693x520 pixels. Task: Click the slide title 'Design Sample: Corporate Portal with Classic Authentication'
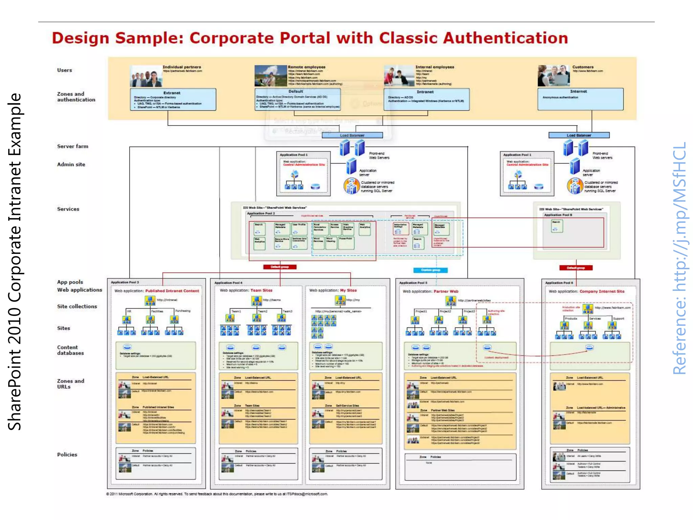[x=310, y=38]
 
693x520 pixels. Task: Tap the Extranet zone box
[x=173, y=100]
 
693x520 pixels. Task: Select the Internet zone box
[x=580, y=99]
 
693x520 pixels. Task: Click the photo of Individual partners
[x=146, y=76]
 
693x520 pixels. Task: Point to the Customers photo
[x=554, y=75]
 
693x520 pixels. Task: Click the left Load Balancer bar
[x=352, y=135]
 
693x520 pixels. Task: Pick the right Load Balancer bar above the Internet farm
[x=579, y=135]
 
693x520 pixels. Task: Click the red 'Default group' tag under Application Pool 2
[x=280, y=267]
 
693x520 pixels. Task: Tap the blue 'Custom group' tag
[x=430, y=270]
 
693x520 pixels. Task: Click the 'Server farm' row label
[x=72, y=146]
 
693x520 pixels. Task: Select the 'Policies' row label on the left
[x=67, y=455]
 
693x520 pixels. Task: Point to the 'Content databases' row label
[x=70, y=350]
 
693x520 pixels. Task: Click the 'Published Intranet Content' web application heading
[x=172, y=291]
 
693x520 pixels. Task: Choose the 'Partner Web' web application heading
[x=446, y=291]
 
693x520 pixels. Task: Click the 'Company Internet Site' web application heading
[x=602, y=291]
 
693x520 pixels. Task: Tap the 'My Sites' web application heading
[x=348, y=290]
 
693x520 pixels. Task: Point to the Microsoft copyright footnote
[x=217, y=494]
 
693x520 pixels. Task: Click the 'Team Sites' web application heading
[x=261, y=290]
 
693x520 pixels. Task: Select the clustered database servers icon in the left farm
[x=351, y=186]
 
